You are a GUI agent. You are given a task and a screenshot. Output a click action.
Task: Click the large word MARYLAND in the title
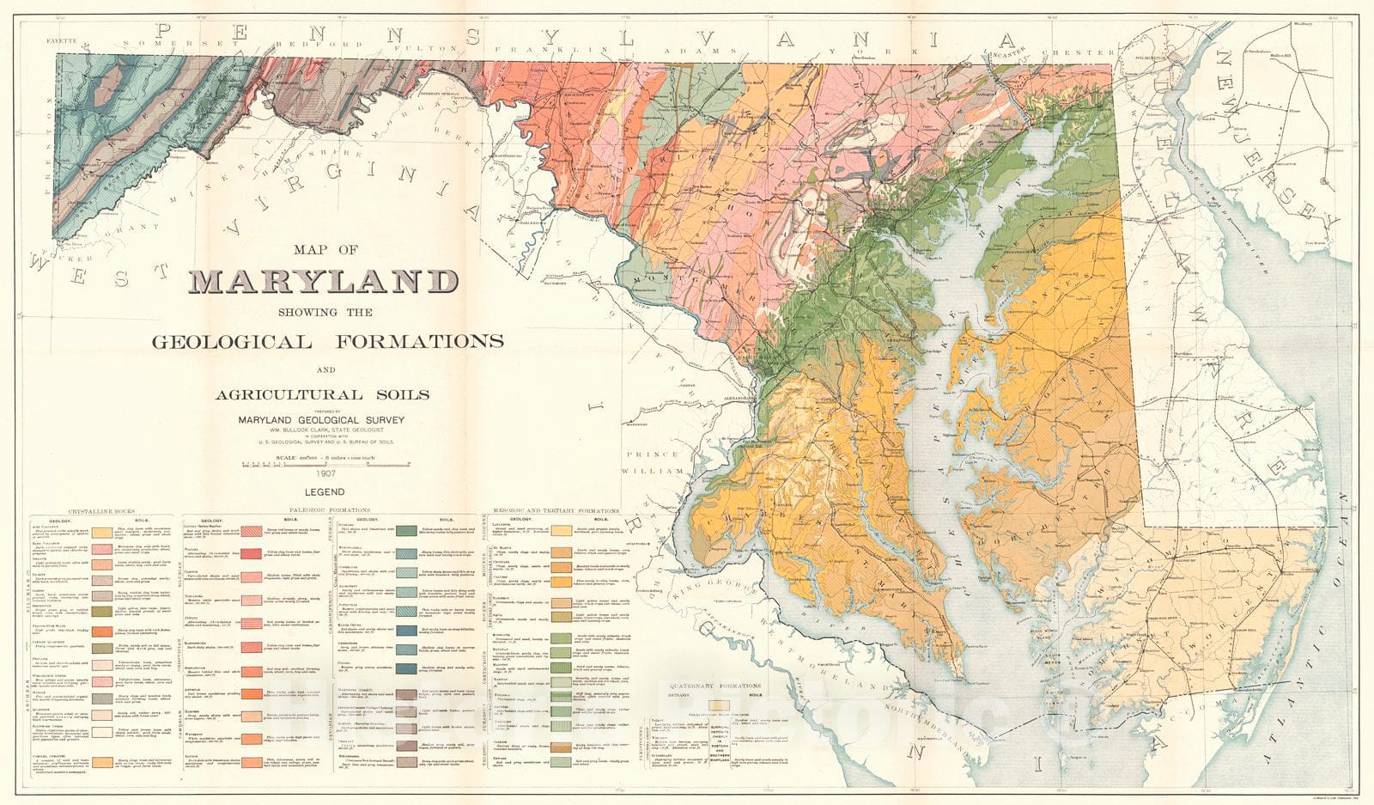(325, 281)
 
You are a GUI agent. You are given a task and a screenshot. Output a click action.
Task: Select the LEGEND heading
(325, 493)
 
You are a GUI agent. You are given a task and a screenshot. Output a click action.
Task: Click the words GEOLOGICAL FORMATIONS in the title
(327, 341)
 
